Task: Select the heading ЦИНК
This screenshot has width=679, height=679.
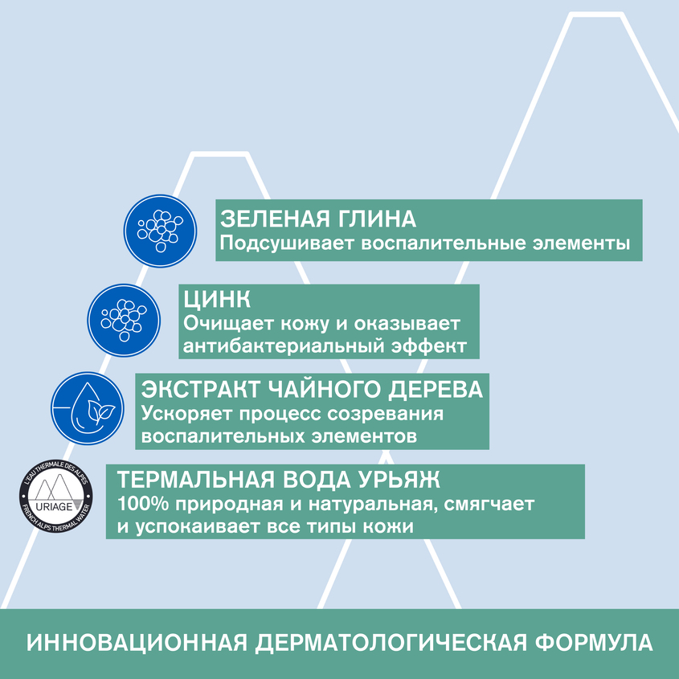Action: pos(217,300)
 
